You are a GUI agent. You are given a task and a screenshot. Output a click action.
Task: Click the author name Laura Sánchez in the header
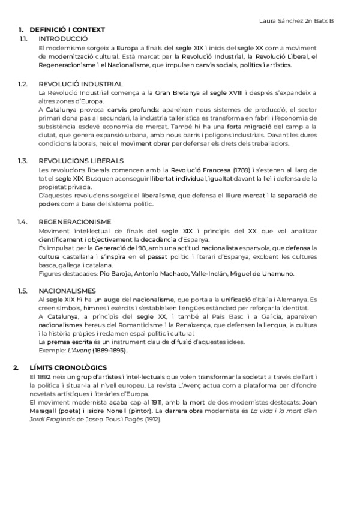[284, 20]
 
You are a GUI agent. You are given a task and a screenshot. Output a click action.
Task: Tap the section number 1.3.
[23, 161]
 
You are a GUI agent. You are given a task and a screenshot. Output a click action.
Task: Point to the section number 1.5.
[23, 291]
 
